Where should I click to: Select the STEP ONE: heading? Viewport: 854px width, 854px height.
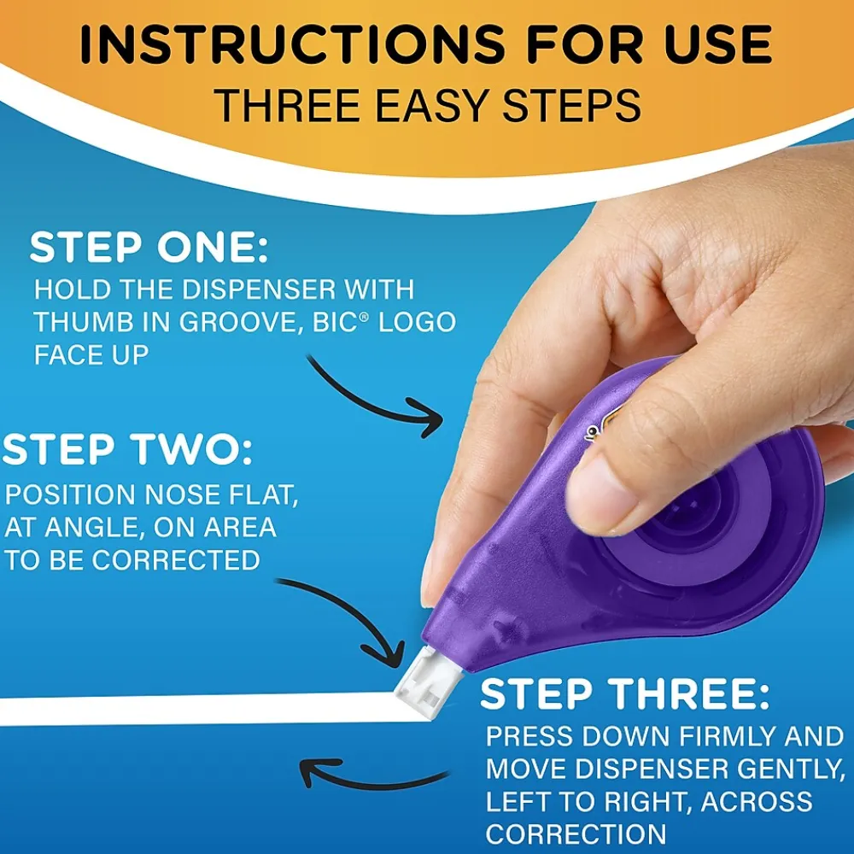pos(149,248)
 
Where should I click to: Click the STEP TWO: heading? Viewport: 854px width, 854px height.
pos(127,451)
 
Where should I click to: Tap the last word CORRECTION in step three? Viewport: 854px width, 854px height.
pos(576,834)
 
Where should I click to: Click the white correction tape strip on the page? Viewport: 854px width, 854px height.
pos(196,708)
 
